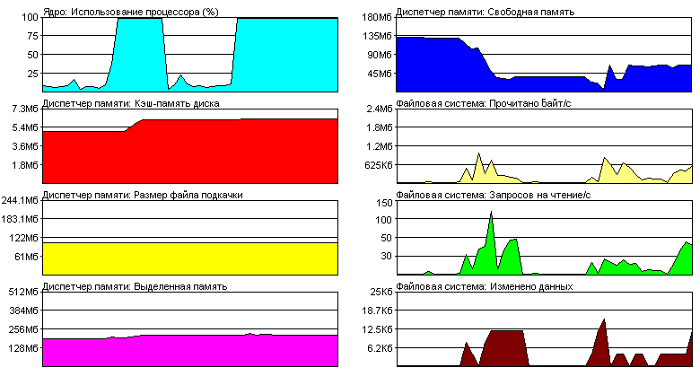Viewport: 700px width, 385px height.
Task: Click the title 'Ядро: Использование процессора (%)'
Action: point(129,12)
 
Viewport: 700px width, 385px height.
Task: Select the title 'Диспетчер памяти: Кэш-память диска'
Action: point(130,103)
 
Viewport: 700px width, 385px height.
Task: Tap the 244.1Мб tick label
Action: point(19,200)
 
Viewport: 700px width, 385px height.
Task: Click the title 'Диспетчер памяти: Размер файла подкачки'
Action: point(142,195)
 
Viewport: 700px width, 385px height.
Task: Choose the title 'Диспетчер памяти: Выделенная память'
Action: point(134,286)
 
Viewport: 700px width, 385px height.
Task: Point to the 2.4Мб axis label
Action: point(376,109)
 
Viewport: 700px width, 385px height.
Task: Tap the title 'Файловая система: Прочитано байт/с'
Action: point(486,103)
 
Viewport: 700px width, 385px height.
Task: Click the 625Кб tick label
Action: point(375,165)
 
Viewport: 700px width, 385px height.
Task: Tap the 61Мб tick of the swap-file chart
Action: point(24,257)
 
